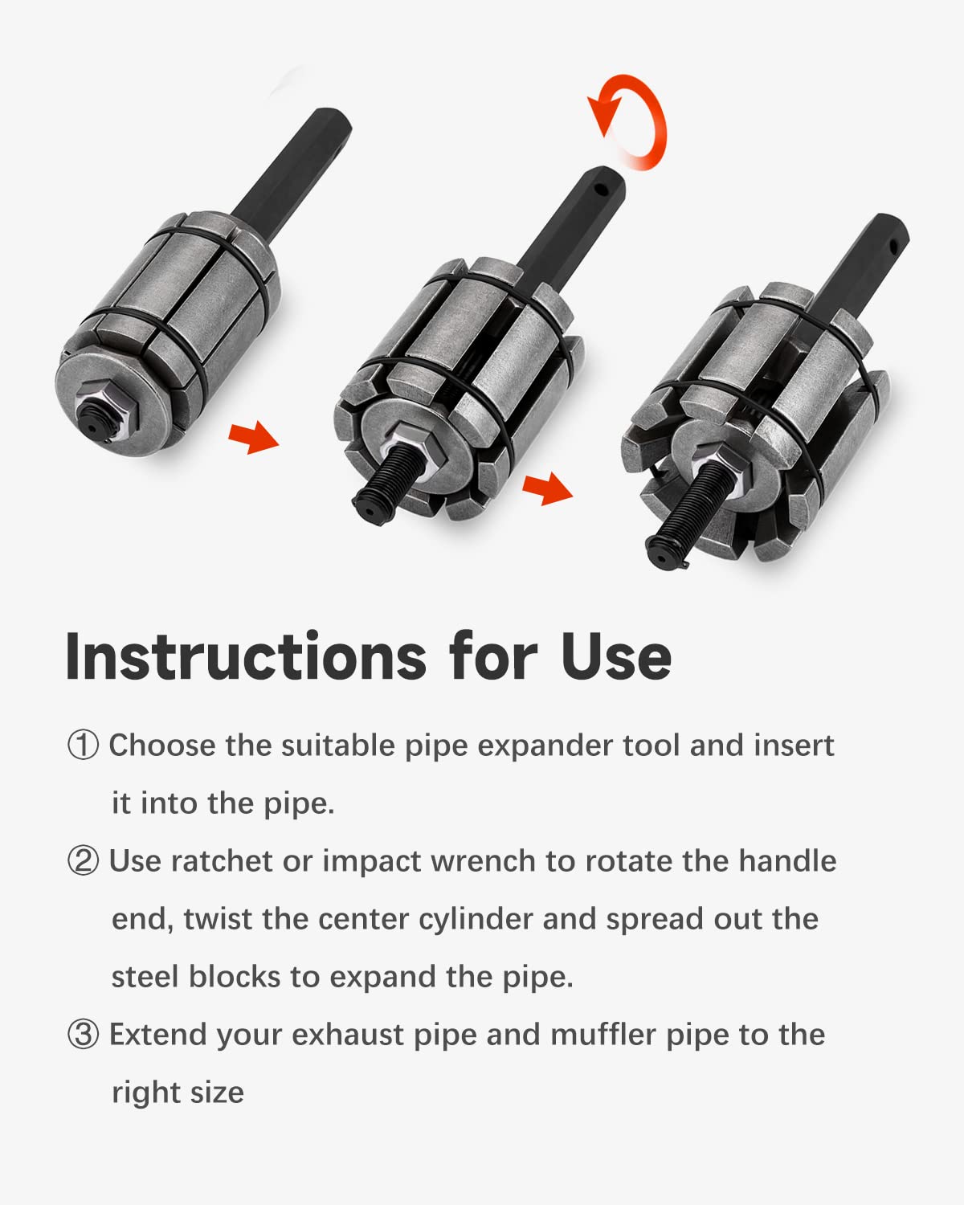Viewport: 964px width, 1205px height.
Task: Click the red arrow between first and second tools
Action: click(x=254, y=437)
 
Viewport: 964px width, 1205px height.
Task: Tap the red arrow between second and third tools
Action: click(x=547, y=488)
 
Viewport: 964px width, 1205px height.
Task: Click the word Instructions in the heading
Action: click(x=246, y=656)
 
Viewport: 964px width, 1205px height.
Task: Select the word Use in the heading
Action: click(x=616, y=657)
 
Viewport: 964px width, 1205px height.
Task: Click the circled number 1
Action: click(x=83, y=745)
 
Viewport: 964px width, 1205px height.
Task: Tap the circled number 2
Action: click(x=83, y=861)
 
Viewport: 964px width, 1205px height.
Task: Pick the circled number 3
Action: click(x=83, y=1034)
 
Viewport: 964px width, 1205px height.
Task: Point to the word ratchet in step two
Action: click(x=222, y=861)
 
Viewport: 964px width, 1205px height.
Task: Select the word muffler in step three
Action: click(x=603, y=1034)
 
